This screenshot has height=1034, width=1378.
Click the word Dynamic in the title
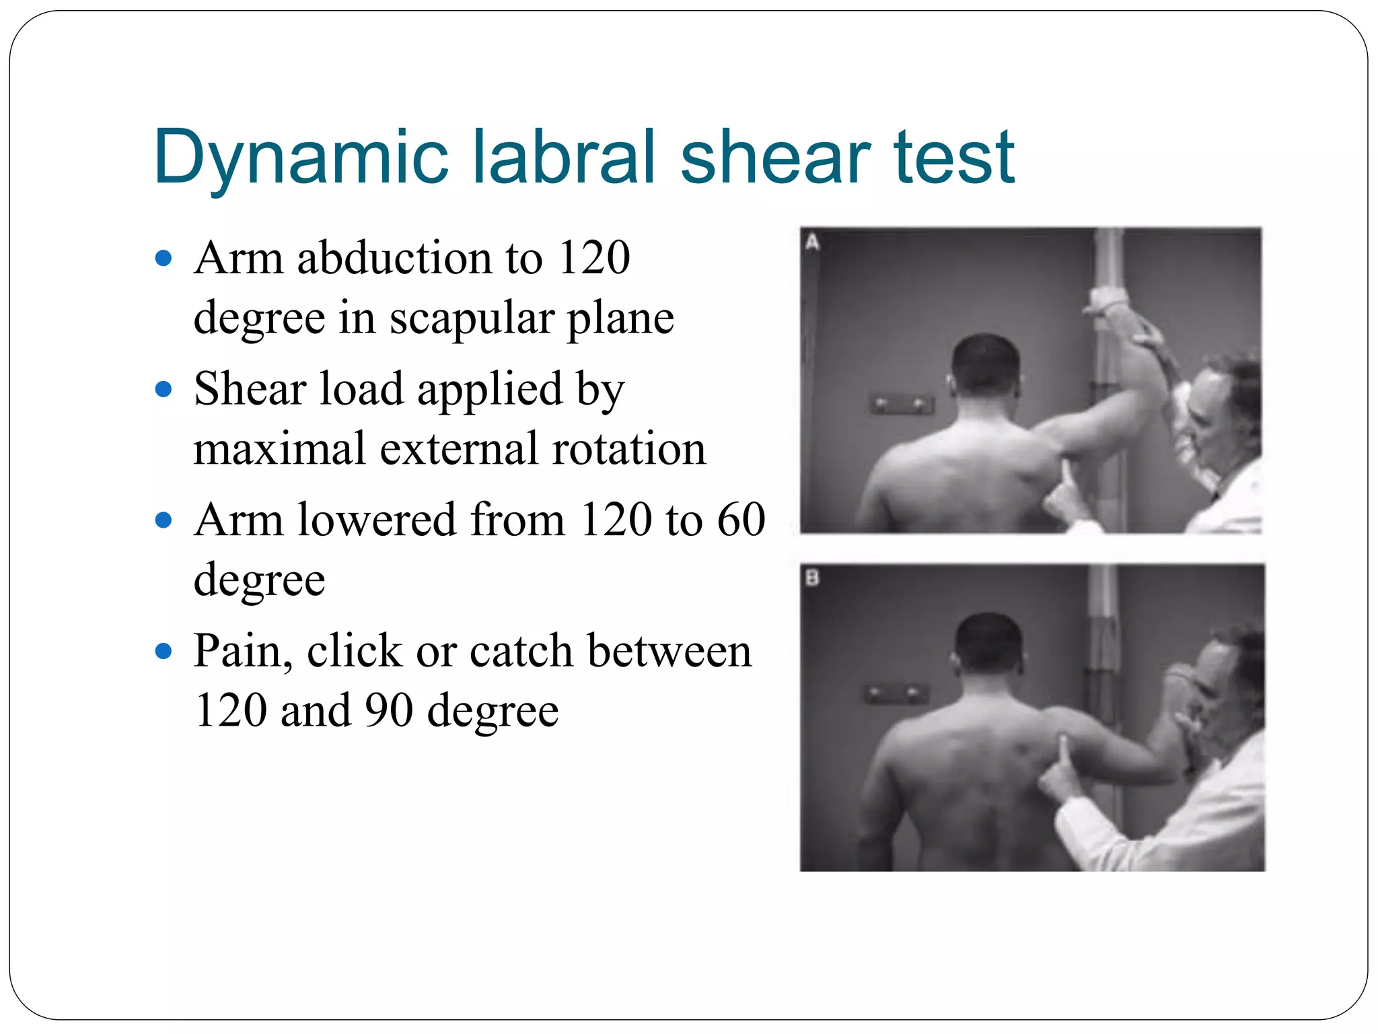click(x=300, y=158)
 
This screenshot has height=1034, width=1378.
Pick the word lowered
click(x=376, y=520)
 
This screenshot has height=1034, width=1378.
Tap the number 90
click(x=389, y=711)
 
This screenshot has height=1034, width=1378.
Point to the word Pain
click(x=242, y=651)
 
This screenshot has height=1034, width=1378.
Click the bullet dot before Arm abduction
click(x=164, y=258)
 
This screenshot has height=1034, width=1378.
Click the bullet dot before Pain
click(x=164, y=651)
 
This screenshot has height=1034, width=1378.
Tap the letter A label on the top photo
click(x=812, y=242)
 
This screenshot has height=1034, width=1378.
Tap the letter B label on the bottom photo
click(x=812, y=578)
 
